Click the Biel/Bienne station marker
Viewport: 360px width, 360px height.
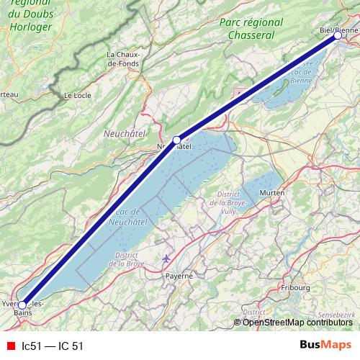pyautogui.click(x=337, y=35)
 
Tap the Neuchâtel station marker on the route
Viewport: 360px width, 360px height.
pyautogui.click(x=176, y=140)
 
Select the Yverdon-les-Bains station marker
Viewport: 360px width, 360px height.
pyautogui.click(x=22, y=305)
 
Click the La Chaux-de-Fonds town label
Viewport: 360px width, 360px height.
pyautogui.click(x=123, y=59)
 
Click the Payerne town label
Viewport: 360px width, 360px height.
pyautogui.click(x=179, y=276)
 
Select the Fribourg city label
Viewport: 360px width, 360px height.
pyautogui.click(x=295, y=288)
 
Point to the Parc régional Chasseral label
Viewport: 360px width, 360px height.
pyautogui.click(x=248, y=29)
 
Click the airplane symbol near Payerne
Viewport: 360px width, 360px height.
pyautogui.click(x=167, y=258)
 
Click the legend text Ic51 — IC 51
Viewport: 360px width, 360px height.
pyautogui.click(x=53, y=346)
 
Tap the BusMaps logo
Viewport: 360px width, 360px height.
pyautogui.click(x=325, y=346)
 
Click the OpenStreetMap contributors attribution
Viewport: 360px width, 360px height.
pyautogui.click(x=297, y=322)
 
